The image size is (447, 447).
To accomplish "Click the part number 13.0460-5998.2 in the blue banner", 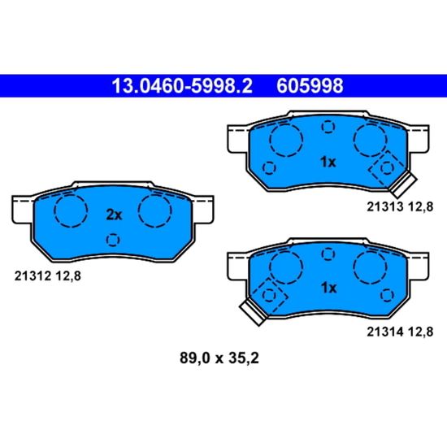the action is [182, 86].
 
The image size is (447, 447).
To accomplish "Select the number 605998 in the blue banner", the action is [310, 86].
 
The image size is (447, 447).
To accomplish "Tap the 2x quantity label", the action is [114, 215].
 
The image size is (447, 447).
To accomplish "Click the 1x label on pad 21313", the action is [328, 163].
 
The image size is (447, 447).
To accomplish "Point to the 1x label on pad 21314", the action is [328, 288].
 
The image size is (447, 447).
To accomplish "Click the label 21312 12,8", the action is [48, 276].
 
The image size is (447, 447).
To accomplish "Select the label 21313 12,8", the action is [400, 206].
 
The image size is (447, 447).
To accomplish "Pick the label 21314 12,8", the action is [400, 332].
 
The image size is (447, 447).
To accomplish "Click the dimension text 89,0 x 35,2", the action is [219, 358].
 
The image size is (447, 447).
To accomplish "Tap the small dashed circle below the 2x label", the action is [113, 240].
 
